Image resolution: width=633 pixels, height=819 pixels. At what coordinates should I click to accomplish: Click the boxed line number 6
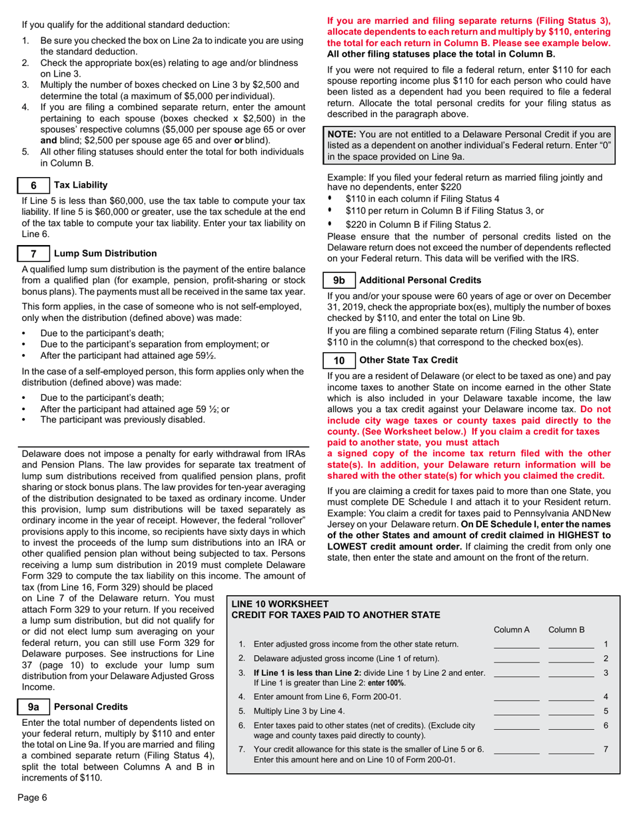[x=32, y=184]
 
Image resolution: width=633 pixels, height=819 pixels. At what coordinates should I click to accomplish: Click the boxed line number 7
[x=32, y=253]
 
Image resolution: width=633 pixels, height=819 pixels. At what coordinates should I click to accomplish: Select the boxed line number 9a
[x=32, y=706]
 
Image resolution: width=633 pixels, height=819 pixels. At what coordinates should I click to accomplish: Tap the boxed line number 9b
[x=338, y=280]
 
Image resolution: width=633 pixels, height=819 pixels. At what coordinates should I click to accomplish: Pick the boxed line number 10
[x=338, y=360]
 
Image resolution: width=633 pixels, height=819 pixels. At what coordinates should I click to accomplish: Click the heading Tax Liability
[x=81, y=184]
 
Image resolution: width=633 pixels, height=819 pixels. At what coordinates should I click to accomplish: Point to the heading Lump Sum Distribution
[x=105, y=253]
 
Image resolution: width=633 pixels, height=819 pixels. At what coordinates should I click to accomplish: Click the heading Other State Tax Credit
[x=408, y=360]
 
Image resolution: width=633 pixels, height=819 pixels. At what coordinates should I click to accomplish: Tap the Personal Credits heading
[x=91, y=706]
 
